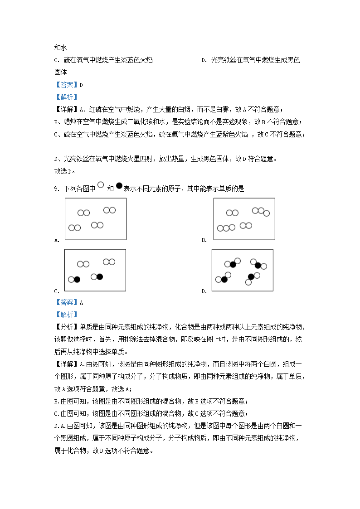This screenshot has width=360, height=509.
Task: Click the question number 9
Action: tap(56, 189)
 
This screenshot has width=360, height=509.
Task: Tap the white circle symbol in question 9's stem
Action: tap(100, 185)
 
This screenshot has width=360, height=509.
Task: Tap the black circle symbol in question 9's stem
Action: tap(119, 185)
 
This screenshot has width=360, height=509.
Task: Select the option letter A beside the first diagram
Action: tap(56, 240)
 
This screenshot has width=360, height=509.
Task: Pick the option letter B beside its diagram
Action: tap(204, 240)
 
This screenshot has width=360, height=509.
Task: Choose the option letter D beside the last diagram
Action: tap(204, 291)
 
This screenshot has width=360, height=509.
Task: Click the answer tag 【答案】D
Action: tap(68, 85)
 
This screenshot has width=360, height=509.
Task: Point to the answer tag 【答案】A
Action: tap(68, 303)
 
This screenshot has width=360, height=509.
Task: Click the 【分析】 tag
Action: tap(66, 327)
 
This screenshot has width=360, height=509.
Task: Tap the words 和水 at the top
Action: tap(61, 48)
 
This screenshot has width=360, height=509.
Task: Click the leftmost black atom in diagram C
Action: tap(77, 280)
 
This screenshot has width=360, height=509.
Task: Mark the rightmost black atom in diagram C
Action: tap(100, 276)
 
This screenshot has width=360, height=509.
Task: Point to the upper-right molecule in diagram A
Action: tap(109, 210)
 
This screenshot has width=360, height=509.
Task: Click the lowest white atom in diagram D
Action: tap(248, 282)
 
